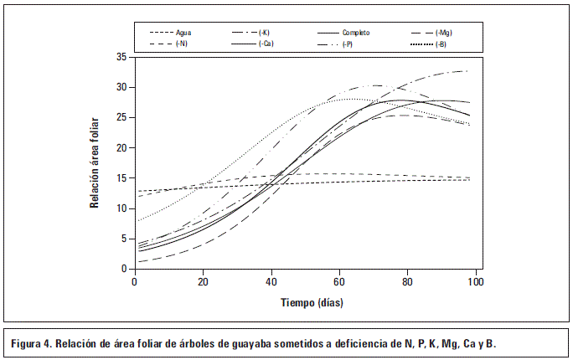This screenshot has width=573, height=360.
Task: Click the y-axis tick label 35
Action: point(122,57)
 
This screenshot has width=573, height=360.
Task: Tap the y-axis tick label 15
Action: point(122,178)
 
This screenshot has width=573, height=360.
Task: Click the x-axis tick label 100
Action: point(475,283)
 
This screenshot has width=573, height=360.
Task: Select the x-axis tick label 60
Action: point(339,283)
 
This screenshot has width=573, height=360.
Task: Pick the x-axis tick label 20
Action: point(203,283)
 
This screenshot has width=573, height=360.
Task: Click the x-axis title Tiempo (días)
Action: point(305,302)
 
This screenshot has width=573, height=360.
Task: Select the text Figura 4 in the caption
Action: point(34,343)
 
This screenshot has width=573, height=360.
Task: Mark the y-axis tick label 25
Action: point(122,118)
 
